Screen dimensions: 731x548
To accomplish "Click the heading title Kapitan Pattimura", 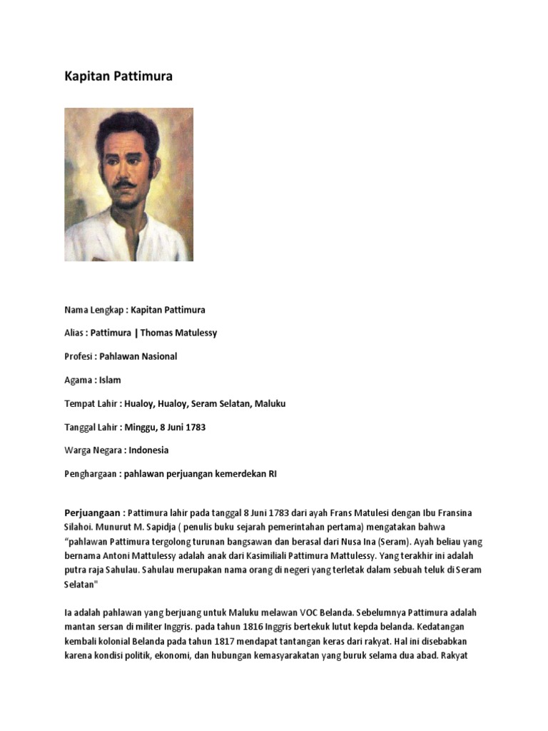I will [118, 76].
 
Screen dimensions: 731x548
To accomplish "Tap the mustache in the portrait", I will [125, 184].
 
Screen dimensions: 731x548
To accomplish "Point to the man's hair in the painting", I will [128, 127].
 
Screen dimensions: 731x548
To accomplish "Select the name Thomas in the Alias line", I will [157, 333].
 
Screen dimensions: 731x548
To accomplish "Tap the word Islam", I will [110, 380].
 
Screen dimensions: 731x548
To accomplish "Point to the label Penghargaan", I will [91, 474].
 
